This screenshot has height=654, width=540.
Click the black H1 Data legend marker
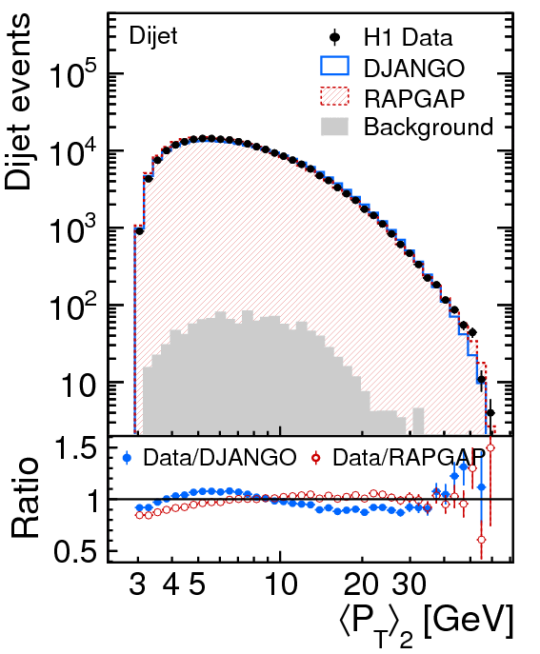334,38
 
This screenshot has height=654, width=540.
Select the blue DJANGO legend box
334,67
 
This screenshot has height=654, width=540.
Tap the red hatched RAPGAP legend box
334,97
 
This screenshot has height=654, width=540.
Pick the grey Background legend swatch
334,127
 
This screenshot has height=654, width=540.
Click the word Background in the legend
429,127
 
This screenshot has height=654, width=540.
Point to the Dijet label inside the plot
153,36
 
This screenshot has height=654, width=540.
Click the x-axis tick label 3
138,584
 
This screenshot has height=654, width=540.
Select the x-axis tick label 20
361,584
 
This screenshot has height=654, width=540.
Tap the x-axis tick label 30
410,584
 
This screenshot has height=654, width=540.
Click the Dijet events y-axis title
18,101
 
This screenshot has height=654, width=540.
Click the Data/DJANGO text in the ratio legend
220,458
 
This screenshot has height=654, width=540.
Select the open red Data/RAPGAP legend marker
316,458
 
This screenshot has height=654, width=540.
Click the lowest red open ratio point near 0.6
482,540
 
